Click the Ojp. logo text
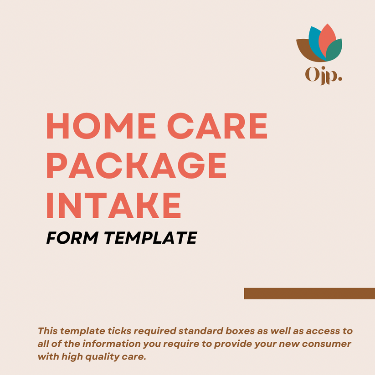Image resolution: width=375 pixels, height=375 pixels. pyautogui.click(x=323, y=76)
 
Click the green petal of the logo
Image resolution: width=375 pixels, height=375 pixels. pyautogui.click(x=335, y=50)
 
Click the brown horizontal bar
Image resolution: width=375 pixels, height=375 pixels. pyautogui.click(x=309, y=293)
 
